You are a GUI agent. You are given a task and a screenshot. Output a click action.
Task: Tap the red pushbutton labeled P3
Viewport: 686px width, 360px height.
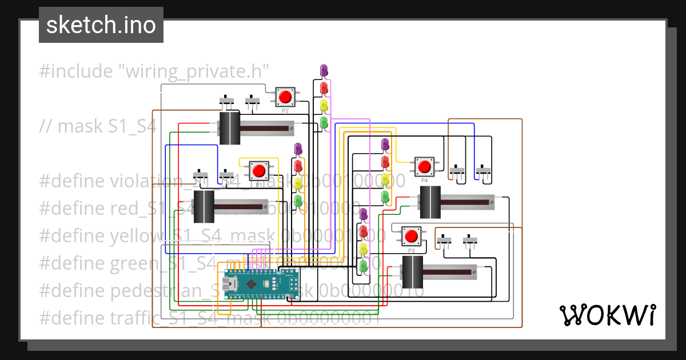tap(411, 236)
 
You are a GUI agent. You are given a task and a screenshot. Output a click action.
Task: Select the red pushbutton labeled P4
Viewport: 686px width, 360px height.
tap(424, 166)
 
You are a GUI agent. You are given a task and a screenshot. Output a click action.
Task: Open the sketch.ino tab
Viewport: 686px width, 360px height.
tap(101, 25)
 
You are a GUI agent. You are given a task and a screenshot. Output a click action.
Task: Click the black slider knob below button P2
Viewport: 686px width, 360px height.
tap(229, 128)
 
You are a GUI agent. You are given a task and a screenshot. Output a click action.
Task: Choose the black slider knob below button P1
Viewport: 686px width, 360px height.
tap(204, 206)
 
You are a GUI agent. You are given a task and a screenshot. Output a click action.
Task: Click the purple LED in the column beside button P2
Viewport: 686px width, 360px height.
tap(324, 70)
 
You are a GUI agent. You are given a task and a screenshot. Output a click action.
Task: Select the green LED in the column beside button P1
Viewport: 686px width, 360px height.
tap(298, 199)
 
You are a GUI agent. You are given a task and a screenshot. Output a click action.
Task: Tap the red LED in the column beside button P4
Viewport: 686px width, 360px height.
tap(385, 162)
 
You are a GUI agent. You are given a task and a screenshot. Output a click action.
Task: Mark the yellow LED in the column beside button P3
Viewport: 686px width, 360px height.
tap(363, 249)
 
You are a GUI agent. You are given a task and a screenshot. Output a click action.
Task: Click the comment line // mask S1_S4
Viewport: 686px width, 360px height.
tap(97, 126)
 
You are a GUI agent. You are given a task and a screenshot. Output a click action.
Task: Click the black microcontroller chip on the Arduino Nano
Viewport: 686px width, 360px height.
tap(252, 283)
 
